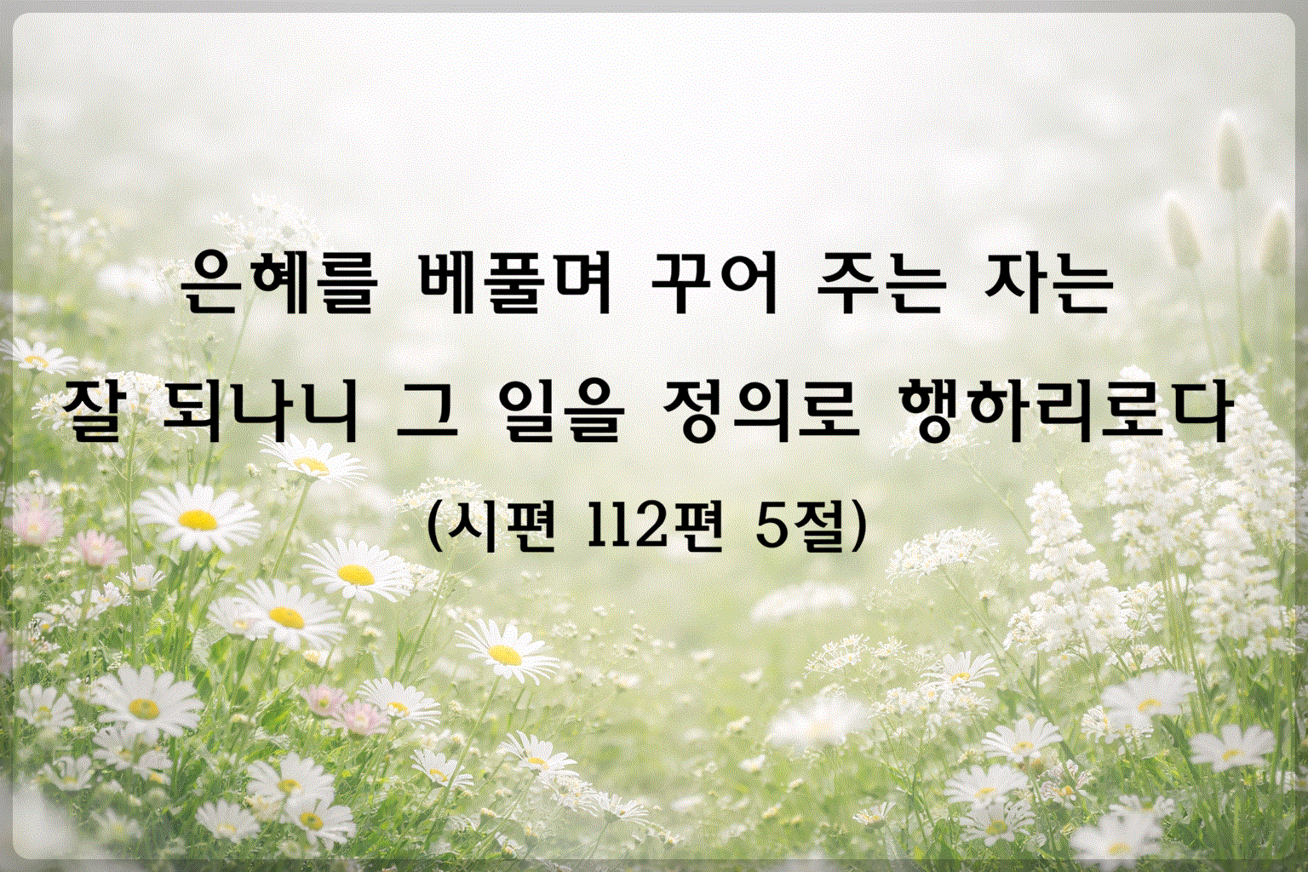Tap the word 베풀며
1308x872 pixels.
point(508,282)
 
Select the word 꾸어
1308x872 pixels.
point(714,282)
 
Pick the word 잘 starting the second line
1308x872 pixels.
point(100,412)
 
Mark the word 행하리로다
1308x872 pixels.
point(1060,412)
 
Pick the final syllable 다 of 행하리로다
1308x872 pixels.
point(1198,412)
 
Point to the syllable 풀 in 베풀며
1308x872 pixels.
point(508,282)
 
